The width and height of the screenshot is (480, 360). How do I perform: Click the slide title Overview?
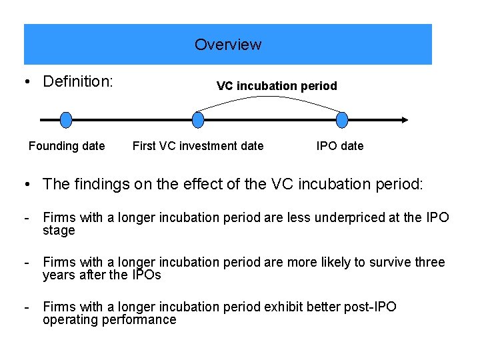click(x=228, y=45)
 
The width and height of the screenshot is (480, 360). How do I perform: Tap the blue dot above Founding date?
click(x=65, y=120)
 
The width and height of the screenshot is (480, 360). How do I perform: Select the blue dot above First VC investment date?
click(x=197, y=120)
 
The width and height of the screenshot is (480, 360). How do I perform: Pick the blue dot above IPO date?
click(x=342, y=120)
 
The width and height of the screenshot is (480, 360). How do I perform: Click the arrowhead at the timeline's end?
click(x=405, y=120)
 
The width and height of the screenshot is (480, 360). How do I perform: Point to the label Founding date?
click(x=67, y=146)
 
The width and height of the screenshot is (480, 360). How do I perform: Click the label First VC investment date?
click(x=198, y=146)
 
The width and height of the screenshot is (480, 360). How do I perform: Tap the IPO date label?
click(x=340, y=146)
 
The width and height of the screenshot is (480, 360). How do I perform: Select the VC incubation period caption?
click(x=277, y=86)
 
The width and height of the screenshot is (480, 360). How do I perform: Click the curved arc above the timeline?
click(x=270, y=97)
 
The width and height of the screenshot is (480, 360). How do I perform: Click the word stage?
click(x=59, y=231)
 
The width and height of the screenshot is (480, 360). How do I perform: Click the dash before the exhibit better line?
click(x=25, y=307)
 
